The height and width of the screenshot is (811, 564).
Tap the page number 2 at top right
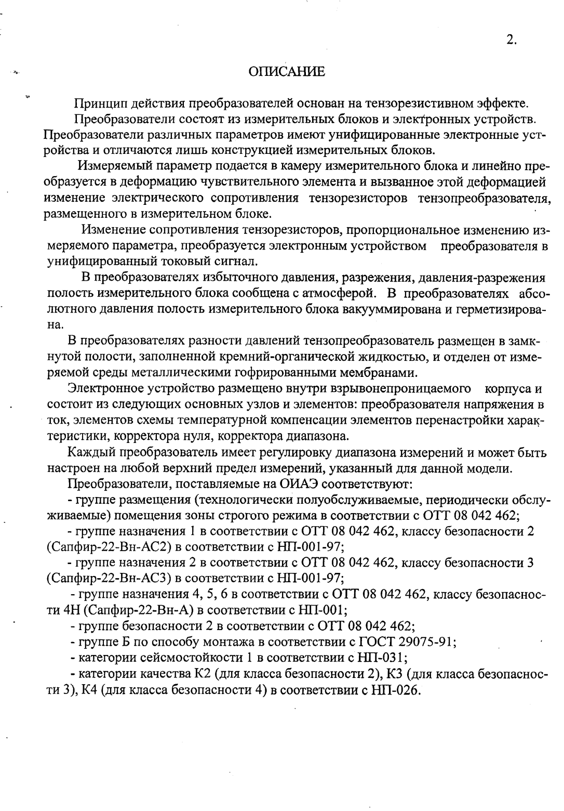tap(511, 41)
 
